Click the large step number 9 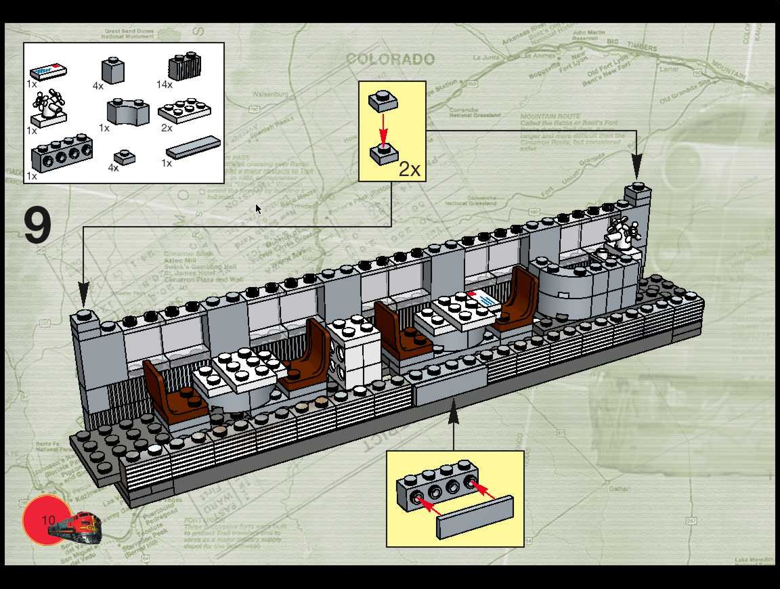tap(38, 225)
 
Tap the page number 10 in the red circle tap(48, 520)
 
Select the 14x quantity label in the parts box tap(164, 85)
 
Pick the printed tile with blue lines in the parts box tap(48, 71)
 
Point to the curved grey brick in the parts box tap(128, 112)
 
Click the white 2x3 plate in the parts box tap(185, 111)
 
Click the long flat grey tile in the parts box tap(193, 147)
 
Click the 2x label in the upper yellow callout tap(409, 170)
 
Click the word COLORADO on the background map tap(390, 59)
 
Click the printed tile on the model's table tap(483, 300)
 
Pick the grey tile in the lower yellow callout tap(475, 517)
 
